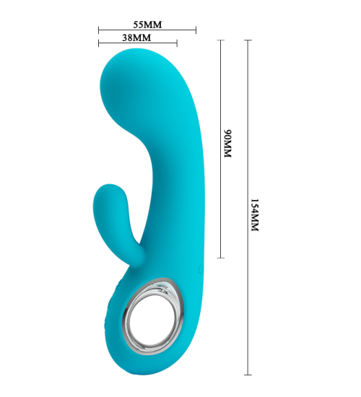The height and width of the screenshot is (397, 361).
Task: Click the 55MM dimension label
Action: pos(147,25)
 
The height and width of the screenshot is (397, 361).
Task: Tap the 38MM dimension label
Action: pos(136,38)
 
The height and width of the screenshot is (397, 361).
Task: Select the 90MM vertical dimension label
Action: pos(227,144)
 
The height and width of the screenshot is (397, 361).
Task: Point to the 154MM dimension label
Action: pos(254,215)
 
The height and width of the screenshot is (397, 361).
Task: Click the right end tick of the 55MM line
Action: pos(196,30)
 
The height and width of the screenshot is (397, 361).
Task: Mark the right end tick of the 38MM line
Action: pos(177,43)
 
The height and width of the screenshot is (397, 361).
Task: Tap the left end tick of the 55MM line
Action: pos(99,30)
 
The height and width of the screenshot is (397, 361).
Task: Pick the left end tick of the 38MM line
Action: pos(99,43)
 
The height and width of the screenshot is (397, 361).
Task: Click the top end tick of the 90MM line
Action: pos(221,40)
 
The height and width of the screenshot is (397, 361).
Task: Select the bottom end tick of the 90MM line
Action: pos(221,258)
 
